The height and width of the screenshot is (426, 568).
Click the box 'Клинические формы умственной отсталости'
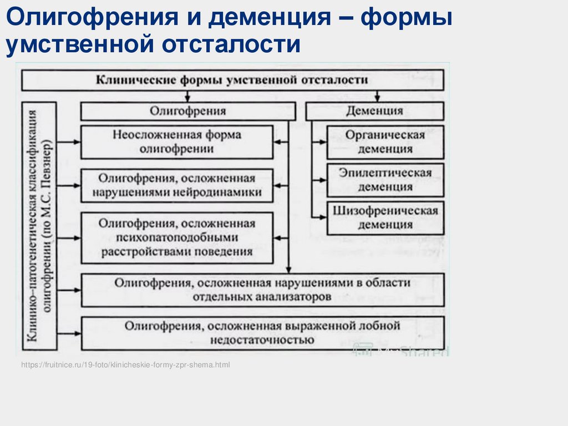pos(232,80)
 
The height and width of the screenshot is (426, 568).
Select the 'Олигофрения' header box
pos(187,111)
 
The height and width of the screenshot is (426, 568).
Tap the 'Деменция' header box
pos(374,111)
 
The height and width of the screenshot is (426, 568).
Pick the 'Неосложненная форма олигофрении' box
pos(177,142)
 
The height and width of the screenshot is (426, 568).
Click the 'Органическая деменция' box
pos(385,142)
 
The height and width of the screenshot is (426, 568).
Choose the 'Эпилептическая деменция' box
pos(385,180)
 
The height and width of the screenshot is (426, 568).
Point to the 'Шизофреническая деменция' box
pos(385,218)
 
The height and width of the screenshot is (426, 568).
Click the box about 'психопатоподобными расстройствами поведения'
pos(177,237)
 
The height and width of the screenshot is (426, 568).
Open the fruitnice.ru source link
pos(125,365)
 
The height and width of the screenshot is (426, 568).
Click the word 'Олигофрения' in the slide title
pos(88,20)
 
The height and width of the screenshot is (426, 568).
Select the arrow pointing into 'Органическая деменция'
pos(320,142)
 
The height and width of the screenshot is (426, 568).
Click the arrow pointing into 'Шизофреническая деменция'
pos(320,218)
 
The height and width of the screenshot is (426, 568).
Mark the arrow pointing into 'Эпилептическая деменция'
pos(320,180)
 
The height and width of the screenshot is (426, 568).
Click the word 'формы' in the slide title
pos(407,20)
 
